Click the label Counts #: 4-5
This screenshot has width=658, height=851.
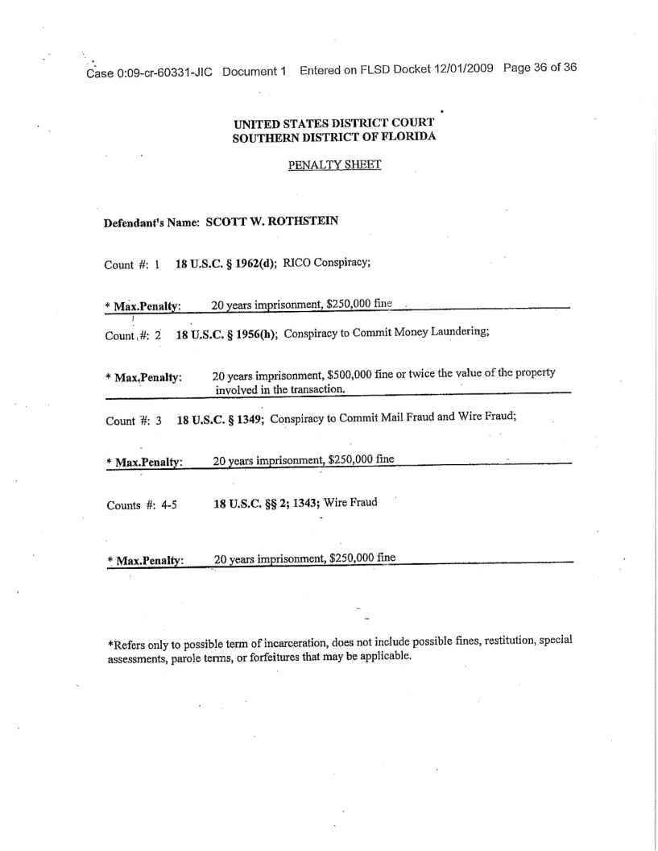(x=142, y=506)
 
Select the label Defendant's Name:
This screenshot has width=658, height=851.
(x=153, y=223)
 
